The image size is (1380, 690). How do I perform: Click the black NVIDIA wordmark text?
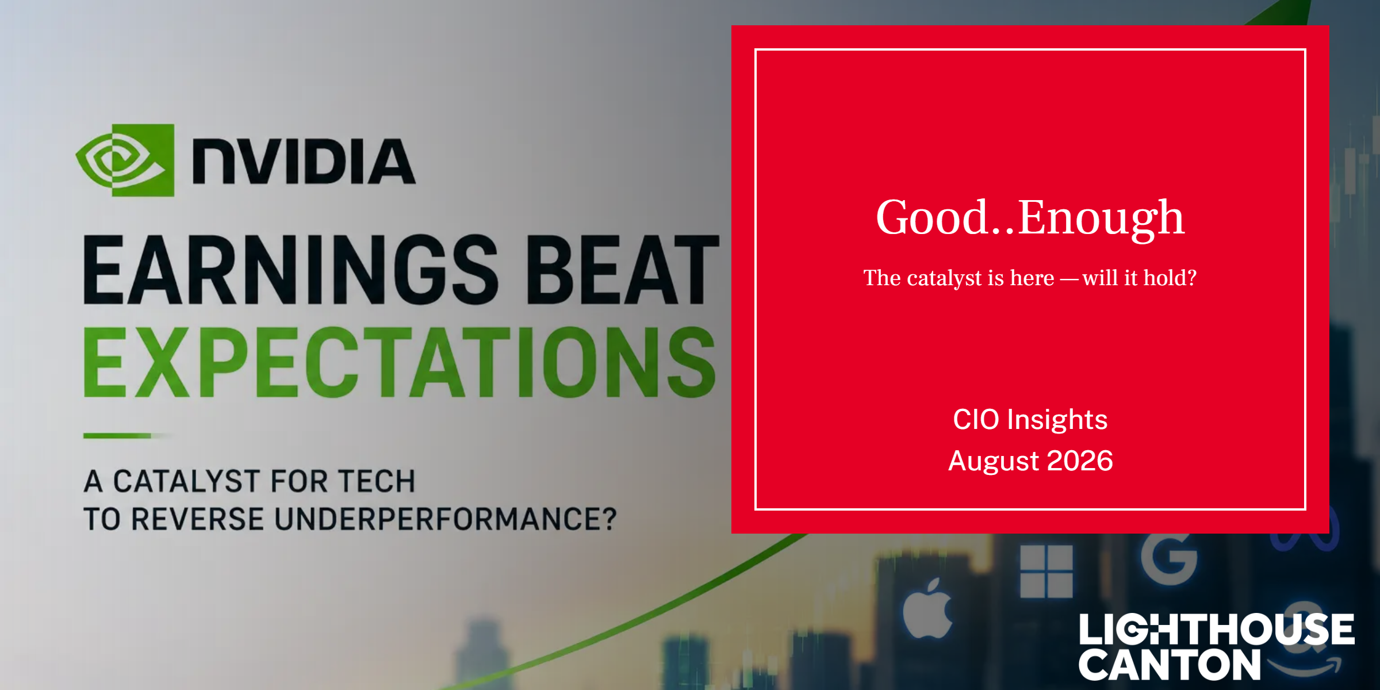(304, 161)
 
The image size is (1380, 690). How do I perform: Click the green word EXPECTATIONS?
(400, 362)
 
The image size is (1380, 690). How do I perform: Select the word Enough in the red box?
(1102, 219)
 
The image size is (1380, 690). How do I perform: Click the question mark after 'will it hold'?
(1191, 278)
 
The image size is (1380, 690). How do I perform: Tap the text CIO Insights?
(1030, 419)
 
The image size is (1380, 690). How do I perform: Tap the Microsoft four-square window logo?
(1046, 572)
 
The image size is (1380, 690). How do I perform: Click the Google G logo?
(1170, 558)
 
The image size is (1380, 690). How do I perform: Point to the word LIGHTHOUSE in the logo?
(1217, 629)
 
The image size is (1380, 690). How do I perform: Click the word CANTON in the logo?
(1170, 665)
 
